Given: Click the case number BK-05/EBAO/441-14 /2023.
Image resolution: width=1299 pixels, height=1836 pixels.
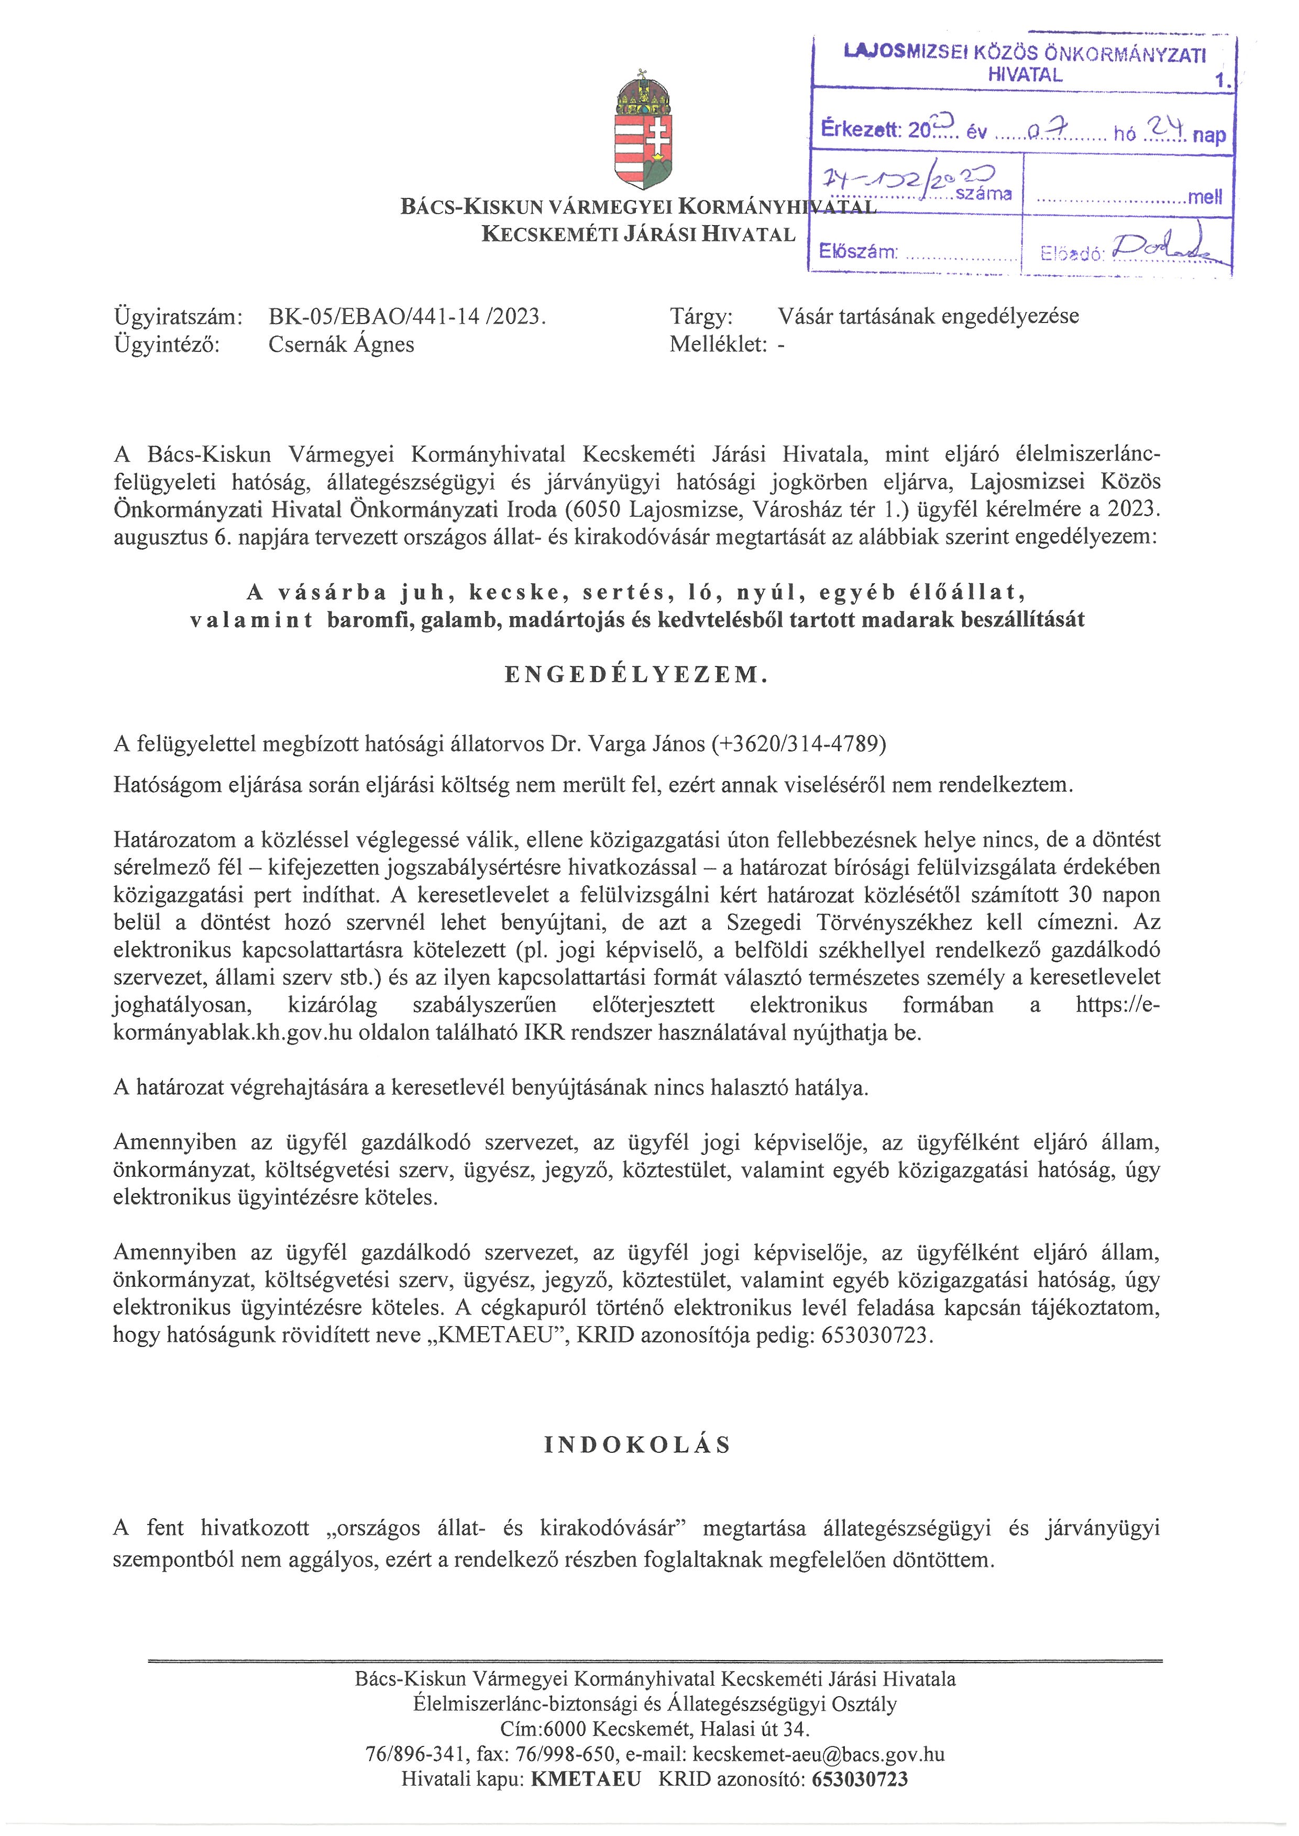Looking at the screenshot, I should click(407, 317).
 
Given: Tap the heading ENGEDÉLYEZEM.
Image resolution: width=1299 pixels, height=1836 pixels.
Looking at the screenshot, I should click(637, 675).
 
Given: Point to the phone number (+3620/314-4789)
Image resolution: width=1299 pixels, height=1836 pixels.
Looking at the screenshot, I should click(798, 744).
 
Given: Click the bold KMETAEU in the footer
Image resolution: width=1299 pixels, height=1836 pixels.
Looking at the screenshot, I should click(586, 1779).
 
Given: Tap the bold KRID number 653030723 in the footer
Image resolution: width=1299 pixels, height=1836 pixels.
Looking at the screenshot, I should click(860, 1779).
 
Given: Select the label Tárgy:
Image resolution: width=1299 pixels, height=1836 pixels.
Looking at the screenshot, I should click(701, 317).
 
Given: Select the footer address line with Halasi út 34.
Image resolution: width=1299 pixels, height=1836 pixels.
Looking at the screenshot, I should click(654, 1729).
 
